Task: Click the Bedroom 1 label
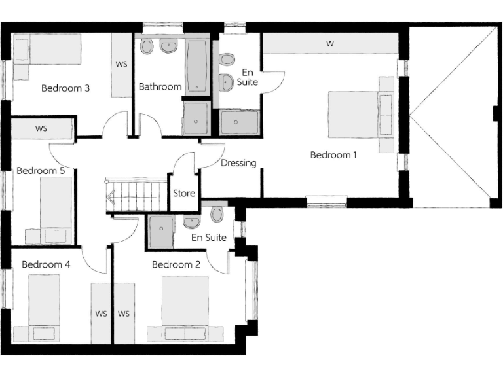coord(334,155)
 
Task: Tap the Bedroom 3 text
coord(65,88)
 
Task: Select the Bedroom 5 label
coord(41,171)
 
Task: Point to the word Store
coord(184,193)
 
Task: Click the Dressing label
coord(238,163)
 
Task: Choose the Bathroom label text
coord(160,86)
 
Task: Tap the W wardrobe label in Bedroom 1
coord(330,44)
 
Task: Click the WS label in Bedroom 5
coord(41,128)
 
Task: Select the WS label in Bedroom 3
coord(121,65)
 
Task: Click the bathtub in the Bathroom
coord(197,66)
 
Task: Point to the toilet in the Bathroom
coord(147,46)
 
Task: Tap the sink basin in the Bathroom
coord(169,47)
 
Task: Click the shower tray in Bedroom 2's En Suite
coord(160,232)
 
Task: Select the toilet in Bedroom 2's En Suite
coord(217,214)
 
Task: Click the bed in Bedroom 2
coord(185,308)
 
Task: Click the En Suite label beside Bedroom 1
coord(250,77)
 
